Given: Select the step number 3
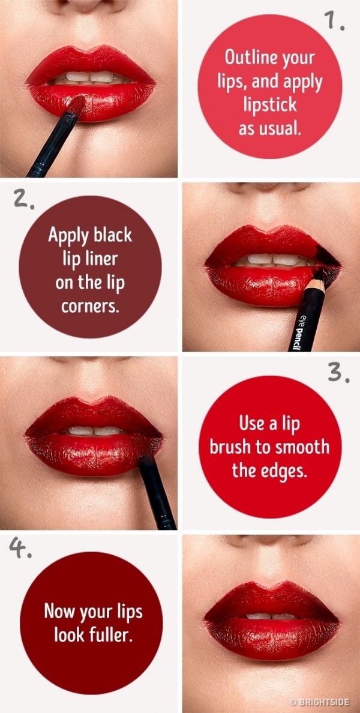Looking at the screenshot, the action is click(x=338, y=373).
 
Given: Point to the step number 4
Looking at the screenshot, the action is click(x=20, y=549).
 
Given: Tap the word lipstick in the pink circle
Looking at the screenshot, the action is click(x=269, y=104).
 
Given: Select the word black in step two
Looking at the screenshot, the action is click(x=113, y=235).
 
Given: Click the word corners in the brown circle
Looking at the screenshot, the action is click(x=89, y=306).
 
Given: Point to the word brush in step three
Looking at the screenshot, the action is click(x=231, y=447).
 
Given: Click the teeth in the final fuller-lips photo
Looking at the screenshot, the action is click(x=272, y=616).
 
